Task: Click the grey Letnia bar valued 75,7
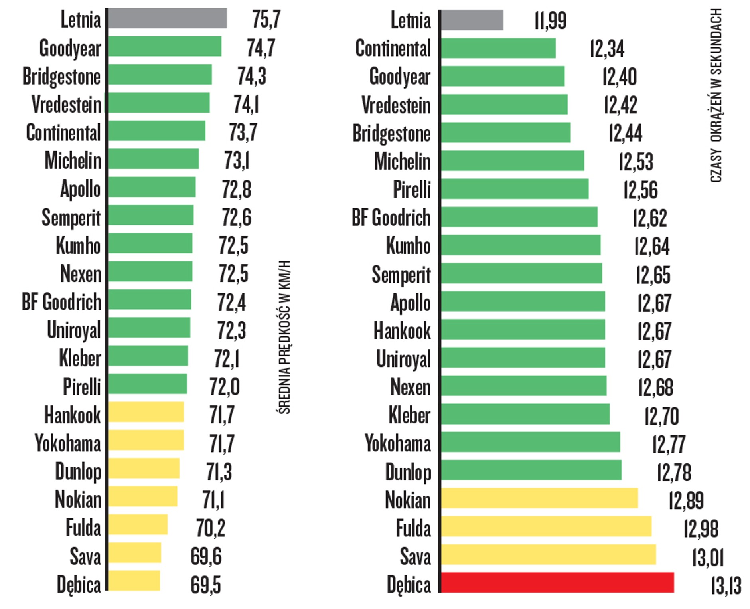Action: point(167,18)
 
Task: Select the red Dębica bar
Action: point(557,582)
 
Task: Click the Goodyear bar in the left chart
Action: point(164,46)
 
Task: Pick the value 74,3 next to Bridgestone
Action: point(252,76)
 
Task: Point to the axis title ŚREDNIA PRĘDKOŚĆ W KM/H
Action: point(284,337)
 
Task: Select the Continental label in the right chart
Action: point(393,48)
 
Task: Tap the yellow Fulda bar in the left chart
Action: point(138,524)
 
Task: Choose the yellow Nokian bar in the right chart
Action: point(539,498)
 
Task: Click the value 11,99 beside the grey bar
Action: point(550,20)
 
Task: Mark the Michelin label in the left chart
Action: point(73,160)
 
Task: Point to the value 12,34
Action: point(607,48)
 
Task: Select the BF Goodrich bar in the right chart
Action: point(519,217)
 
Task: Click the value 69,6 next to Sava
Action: point(206,556)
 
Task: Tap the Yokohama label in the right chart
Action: point(398,443)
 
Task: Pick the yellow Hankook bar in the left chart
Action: point(146,412)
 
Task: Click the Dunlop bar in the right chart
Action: point(531,470)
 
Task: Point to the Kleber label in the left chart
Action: point(80,358)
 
